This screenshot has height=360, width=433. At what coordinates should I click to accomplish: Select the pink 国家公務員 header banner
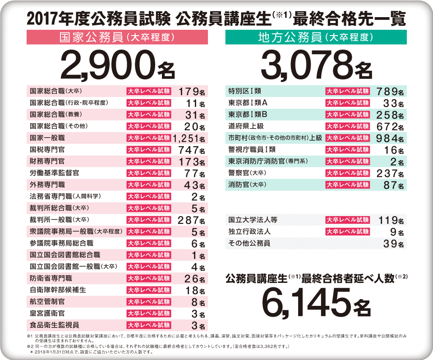pyautogui.click(x=117, y=37)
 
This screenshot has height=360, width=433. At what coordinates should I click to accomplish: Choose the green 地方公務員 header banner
pyautogui.click(x=316, y=37)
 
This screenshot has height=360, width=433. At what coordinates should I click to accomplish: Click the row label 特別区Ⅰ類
pyautogui.click(x=244, y=91)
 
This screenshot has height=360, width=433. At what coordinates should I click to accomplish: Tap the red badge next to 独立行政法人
pyautogui.click(x=347, y=232)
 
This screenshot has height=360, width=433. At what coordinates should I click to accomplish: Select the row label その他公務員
pyautogui.click(x=249, y=244)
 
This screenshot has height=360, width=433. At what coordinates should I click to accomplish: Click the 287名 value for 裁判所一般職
pyautogui.click(x=192, y=220)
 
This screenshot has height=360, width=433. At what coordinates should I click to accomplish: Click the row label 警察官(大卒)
pyautogui.click(x=246, y=173)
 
